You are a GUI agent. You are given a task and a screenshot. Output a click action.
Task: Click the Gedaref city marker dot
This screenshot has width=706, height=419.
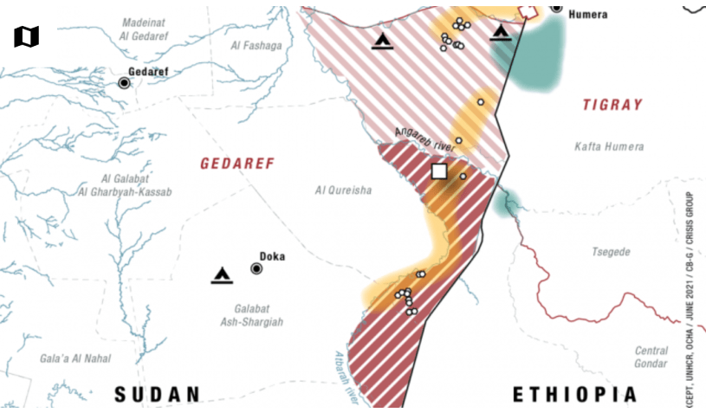(x=124, y=83)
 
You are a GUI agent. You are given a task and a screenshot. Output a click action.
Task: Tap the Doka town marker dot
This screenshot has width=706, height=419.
(x=256, y=268)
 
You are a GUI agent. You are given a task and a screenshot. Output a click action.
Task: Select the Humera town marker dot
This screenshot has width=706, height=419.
(x=556, y=8)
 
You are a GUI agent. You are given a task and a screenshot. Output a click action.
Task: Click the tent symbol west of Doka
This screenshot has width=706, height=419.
(x=222, y=276)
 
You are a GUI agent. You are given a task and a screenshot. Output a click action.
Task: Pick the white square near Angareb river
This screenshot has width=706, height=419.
(x=439, y=171)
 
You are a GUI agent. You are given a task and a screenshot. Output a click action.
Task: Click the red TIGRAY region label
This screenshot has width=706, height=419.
(x=612, y=105)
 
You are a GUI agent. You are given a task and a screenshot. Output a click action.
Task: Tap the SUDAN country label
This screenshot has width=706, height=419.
(x=158, y=395)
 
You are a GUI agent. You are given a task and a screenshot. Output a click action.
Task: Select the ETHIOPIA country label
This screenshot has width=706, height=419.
(x=575, y=395)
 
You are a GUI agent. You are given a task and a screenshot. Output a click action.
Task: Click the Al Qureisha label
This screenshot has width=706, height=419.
(x=343, y=190)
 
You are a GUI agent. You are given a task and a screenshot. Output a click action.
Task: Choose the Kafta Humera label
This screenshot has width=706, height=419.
(x=609, y=146)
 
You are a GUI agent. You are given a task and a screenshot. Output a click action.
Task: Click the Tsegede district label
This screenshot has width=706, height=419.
(x=611, y=252)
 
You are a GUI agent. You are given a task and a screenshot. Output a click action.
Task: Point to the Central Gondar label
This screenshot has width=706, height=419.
(x=651, y=357)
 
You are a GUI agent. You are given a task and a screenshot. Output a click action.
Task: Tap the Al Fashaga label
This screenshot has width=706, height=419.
(x=256, y=45)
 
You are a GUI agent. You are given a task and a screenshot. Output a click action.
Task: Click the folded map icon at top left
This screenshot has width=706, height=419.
(x=27, y=36)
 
